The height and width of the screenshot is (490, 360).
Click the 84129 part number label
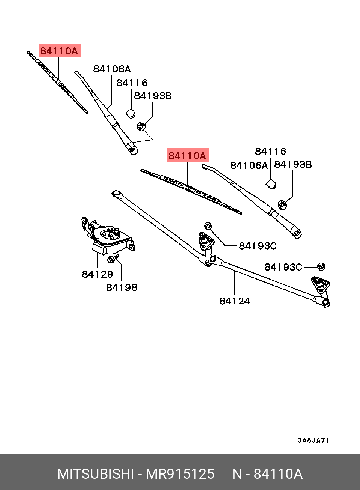pos(97,274)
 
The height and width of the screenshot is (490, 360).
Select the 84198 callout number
pos(121,287)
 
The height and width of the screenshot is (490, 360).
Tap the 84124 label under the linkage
pos(235,301)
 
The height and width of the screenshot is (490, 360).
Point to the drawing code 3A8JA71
pos(313,440)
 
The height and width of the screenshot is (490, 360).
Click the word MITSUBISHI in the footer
pos(95,474)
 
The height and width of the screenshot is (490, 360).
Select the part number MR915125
pos(180,474)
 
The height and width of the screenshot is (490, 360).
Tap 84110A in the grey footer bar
pos(278,474)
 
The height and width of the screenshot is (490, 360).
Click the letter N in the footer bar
pos(237,474)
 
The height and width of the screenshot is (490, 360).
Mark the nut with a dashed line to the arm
pos(141,126)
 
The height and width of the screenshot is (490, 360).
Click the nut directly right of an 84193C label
pos(321,266)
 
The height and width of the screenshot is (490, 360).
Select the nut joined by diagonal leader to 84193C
pos(208,225)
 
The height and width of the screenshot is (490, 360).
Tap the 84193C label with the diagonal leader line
pos(258,246)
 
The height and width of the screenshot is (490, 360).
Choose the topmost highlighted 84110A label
pos(59,51)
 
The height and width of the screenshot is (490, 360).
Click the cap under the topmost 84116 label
pos(130,113)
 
